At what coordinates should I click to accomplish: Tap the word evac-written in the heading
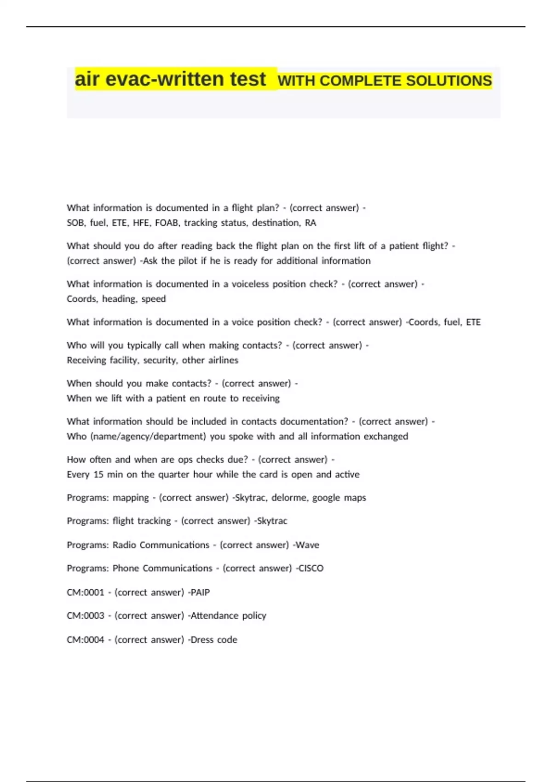pyautogui.click(x=185, y=79)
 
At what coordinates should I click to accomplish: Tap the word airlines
pyautogui.click(x=223, y=360)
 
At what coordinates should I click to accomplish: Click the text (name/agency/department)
pyautogui.click(x=148, y=437)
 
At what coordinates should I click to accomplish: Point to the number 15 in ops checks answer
pyautogui.click(x=98, y=474)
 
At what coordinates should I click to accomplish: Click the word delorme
pyautogui.click(x=289, y=498)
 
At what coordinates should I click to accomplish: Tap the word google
pyautogui.click(x=326, y=498)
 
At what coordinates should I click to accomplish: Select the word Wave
pyautogui.click(x=307, y=545)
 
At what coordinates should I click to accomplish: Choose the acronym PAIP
pyautogui.click(x=200, y=592)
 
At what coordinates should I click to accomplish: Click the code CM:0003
pyautogui.click(x=86, y=615)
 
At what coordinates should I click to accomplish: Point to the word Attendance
pyautogui.click(x=214, y=615)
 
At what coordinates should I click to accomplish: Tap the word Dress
pyautogui.click(x=201, y=640)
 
